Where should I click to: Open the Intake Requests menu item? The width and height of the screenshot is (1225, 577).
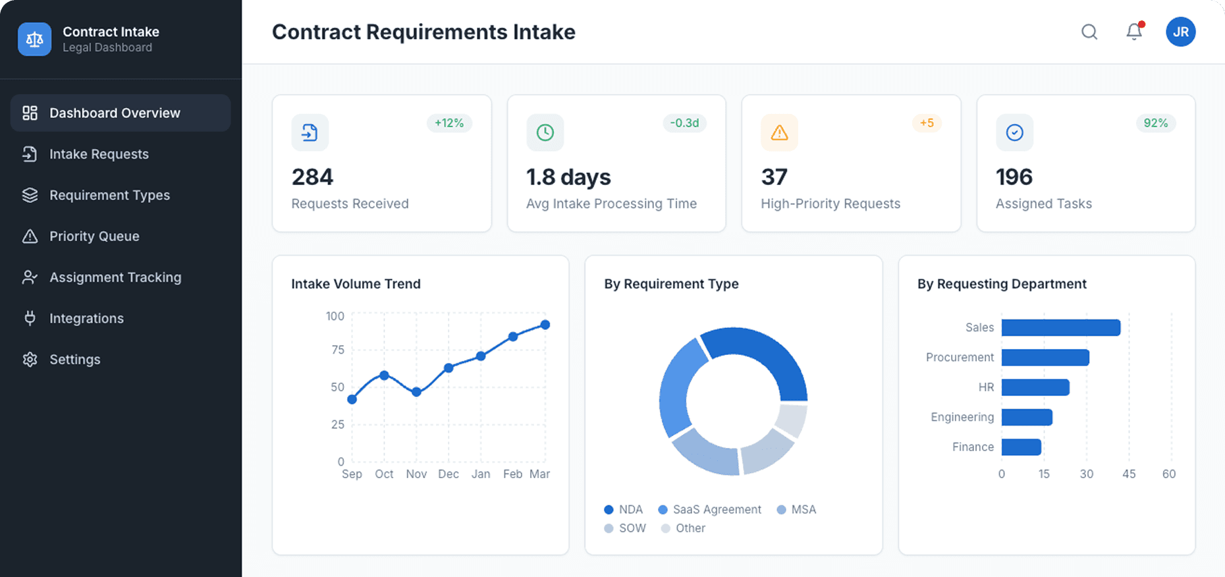pyautogui.click(x=99, y=154)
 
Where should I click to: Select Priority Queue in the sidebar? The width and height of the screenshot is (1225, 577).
pyautogui.click(x=94, y=236)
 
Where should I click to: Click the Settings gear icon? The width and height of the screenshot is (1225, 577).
pyautogui.click(x=30, y=360)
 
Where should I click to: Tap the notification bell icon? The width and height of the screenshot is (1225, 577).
pyautogui.click(x=1133, y=32)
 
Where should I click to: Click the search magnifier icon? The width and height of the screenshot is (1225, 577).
pyautogui.click(x=1089, y=32)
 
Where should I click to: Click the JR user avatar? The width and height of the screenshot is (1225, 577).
pyautogui.click(x=1180, y=32)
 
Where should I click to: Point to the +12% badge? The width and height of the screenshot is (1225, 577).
pyautogui.click(x=449, y=123)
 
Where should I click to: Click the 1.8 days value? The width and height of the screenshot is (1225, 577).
pyautogui.click(x=568, y=177)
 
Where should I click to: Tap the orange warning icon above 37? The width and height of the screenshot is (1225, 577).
pyautogui.click(x=779, y=132)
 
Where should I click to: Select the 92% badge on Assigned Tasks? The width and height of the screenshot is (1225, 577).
pyautogui.click(x=1155, y=123)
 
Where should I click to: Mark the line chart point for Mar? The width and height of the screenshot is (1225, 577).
pyautogui.click(x=545, y=325)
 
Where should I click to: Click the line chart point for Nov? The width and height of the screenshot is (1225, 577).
pyautogui.click(x=416, y=392)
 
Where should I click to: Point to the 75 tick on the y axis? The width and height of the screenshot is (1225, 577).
pyautogui.click(x=338, y=350)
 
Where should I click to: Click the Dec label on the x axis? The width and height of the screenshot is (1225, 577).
pyautogui.click(x=449, y=474)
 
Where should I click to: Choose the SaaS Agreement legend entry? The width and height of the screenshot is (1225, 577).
pyautogui.click(x=709, y=510)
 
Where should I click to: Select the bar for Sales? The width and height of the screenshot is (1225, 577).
pyautogui.click(x=1060, y=327)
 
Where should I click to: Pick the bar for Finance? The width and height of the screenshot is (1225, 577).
pyautogui.click(x=1021, y=447)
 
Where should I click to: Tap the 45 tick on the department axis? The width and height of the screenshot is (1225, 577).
pyautogui.click(x=1129, y=474)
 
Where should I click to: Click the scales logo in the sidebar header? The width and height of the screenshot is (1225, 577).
pyautogui.click(x=35, y=40)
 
